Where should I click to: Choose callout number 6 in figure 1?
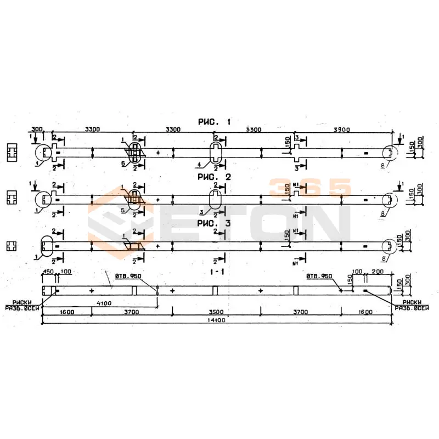click(123, 164)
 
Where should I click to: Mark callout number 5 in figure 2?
click(123, 210)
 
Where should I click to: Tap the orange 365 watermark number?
click(309, 188)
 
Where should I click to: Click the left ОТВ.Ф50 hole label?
click(128, 277)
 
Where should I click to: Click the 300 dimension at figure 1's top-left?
click(37, 129)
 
